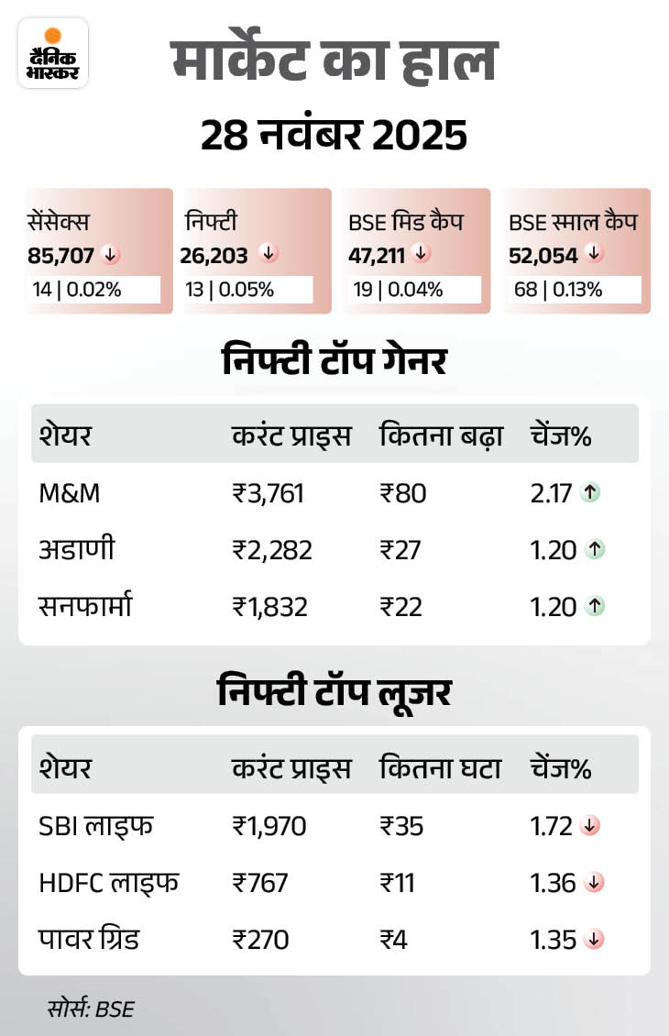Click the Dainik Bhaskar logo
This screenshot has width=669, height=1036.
[53, 53]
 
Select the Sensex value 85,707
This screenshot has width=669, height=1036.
[61, 255]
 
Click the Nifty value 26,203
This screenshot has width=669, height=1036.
[214, 255]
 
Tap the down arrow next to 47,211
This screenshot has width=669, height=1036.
[422, 253]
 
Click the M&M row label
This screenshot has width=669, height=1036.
[70, 493]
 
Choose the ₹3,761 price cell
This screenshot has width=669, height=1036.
[268, 493]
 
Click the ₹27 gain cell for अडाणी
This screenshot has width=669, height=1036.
[400, 550]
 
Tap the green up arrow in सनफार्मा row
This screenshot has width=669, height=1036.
[593, 606]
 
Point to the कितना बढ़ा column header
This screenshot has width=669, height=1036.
[440, 436]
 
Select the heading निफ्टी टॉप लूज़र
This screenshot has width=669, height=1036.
[334, 692]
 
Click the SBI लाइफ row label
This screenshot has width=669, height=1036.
[96, 826]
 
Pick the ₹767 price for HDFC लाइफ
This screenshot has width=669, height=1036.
[260, 883]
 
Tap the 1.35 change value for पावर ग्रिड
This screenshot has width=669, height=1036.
[553, 940]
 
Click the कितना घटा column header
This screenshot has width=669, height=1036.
[440, 768]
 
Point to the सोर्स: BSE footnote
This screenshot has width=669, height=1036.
[91, 1009]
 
